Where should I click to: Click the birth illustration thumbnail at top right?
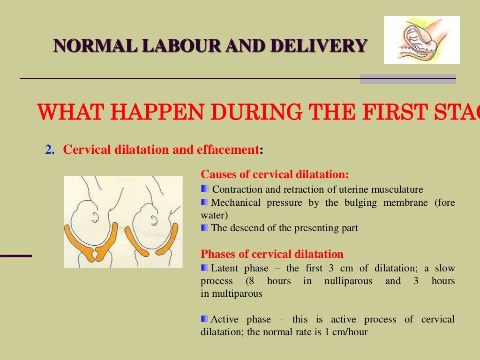(x=421, y=40)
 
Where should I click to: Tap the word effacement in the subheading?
(x=230, y=150)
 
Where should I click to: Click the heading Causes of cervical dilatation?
(x=275, y=175)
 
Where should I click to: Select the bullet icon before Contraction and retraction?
(x=204, y=189)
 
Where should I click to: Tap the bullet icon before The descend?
(x=204, y=228)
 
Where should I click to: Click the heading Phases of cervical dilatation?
(x=272, y=255)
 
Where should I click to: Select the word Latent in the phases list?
(x=225, y=269)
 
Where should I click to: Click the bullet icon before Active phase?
(x=204, y=319)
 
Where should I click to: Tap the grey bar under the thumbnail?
(x=407, y=79)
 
